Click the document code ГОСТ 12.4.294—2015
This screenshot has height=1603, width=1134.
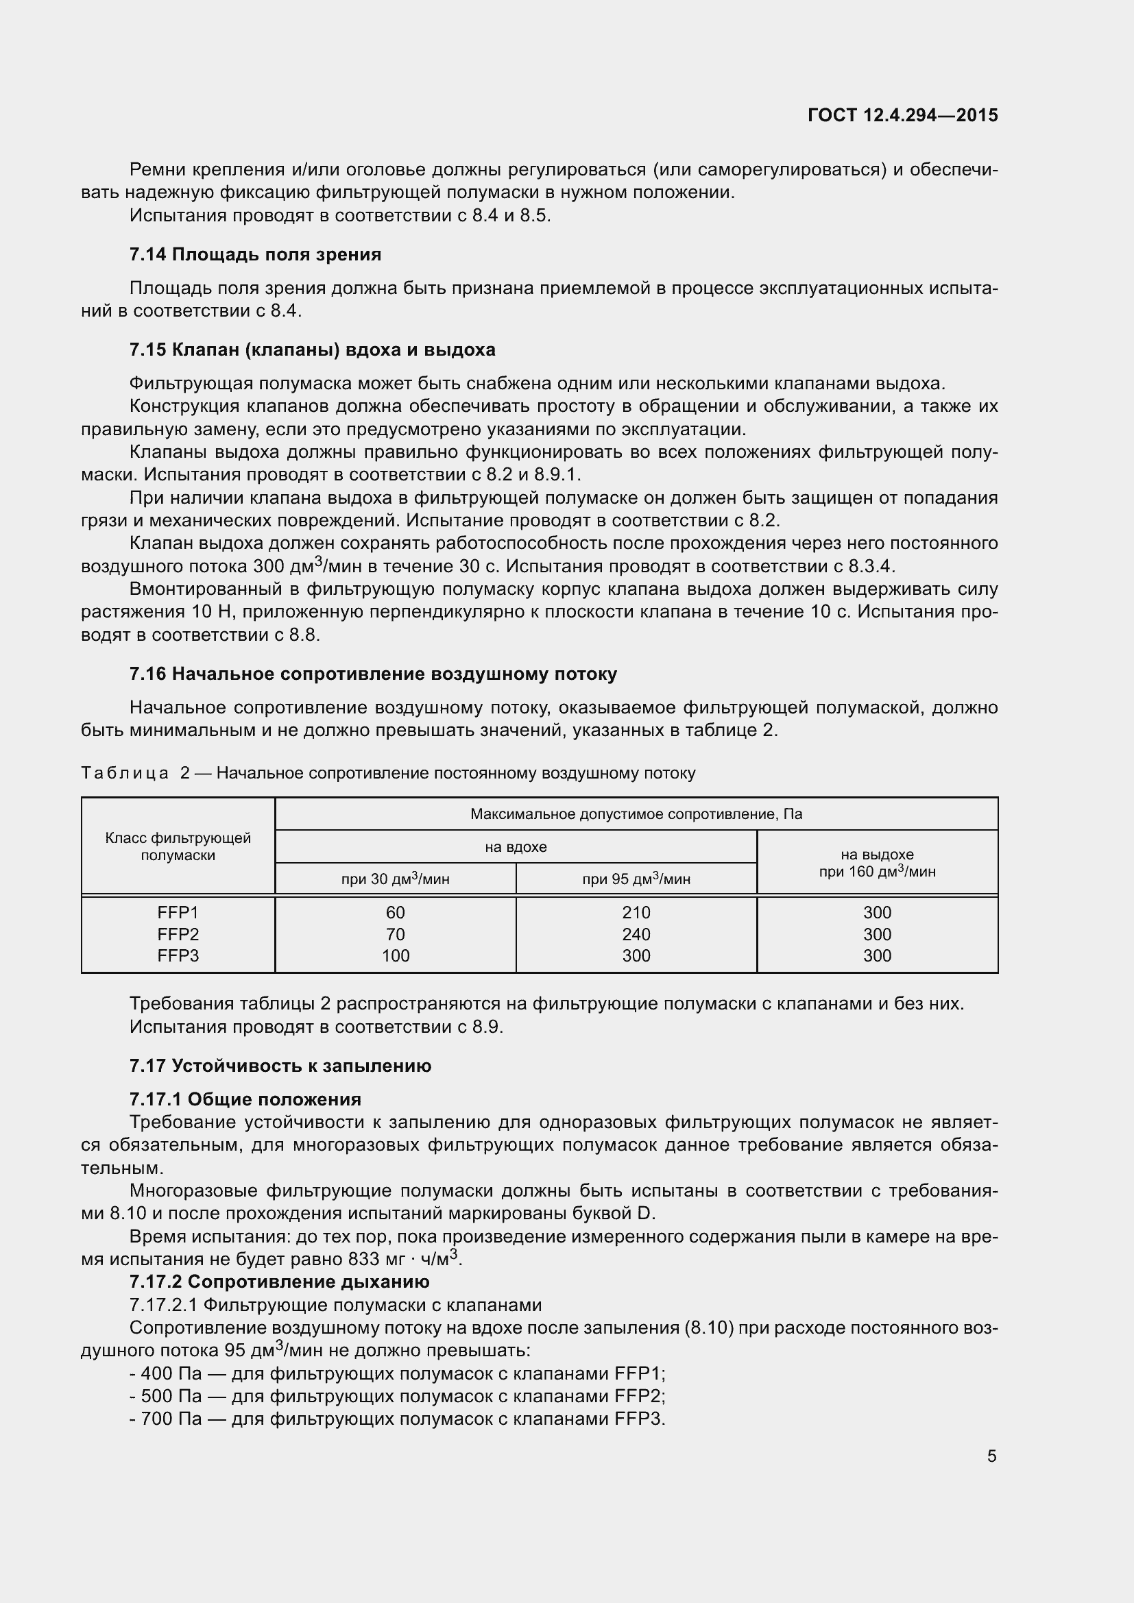pyautogui.click(x=902, y=115)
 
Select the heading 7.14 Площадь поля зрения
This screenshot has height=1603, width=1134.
pyautogui.click(x=255, y=254)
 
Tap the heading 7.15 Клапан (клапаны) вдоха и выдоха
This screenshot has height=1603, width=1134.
pyautogui.click(x=312, y=349)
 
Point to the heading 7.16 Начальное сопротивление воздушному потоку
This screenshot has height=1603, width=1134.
pyautogui.click(x=373, y=674)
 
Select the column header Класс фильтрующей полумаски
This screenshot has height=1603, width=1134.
pyautogui.click(x=178, y=846)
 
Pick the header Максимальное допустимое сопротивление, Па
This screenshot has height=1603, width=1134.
pyautogui.click(x=636, y=814)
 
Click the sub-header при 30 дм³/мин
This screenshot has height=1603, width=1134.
pyautogui.click(x=395, y=879)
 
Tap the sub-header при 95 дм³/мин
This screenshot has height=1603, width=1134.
pyautogui.click(x=636, y=879)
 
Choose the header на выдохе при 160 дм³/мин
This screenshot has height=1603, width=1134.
pyautogui.click(x=877, y=863)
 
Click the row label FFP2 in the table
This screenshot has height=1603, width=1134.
pyautogui.click(x=178, y=934)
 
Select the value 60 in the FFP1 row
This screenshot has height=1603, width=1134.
pyautogui.click(x=395, y=912)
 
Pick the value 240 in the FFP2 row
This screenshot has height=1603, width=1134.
pyautogui.click(x=636, y=934)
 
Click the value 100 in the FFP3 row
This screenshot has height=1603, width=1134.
pyautogui.click(x=395, y=956)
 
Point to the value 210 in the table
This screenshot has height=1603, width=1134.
pyautogui.click(x=636, y=912)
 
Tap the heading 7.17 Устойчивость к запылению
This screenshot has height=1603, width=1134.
pyautogui.click(x=280, y=1066)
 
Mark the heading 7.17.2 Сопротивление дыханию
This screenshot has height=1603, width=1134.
pyautogui.click(x=279, y=1281)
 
